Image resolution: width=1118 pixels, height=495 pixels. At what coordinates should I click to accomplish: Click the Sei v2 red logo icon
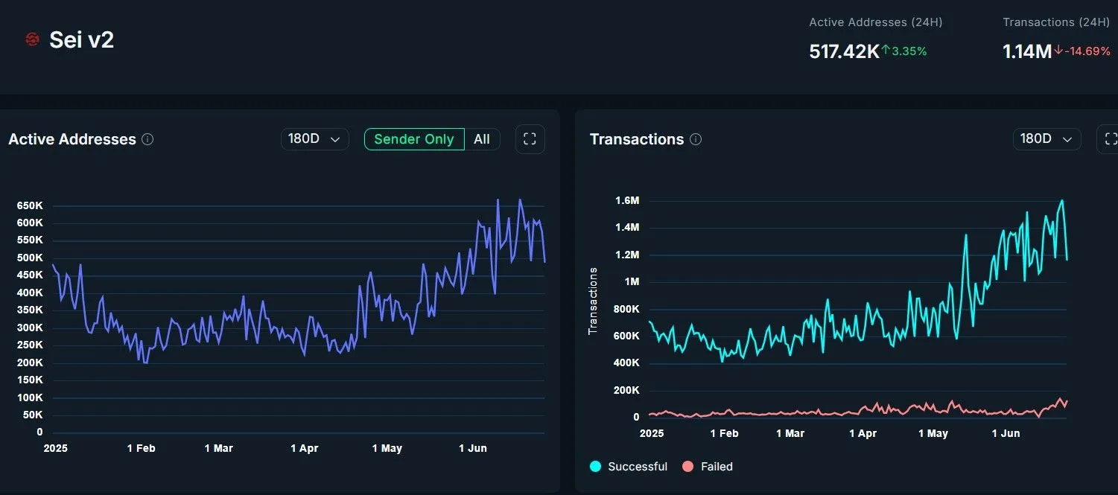click(x=32, y=39)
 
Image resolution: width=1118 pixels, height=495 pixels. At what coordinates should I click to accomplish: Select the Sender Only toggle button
click(x=413, y=139)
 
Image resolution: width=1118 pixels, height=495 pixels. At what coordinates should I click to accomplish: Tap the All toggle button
click(x=482, y=139)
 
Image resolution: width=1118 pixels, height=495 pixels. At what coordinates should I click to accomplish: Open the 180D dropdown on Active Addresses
click(x=314, y=139)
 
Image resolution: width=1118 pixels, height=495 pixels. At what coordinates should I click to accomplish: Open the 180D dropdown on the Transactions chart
click(x=1046, y=139)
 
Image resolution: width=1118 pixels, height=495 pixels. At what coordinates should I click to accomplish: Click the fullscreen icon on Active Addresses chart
click(x=530, y=139)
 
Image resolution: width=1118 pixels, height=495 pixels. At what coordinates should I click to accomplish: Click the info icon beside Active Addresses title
click(x=147, y=139)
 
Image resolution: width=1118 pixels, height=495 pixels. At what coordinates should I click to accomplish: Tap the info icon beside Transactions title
click(x=696, y=139)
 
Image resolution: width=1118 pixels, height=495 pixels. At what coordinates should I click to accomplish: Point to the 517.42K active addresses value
click(x=844, y=51)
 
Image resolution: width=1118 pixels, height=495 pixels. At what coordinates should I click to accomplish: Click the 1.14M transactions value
click(x=1027, y=51)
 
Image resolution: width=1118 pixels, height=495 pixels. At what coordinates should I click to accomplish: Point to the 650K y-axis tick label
click(x=30, y=205)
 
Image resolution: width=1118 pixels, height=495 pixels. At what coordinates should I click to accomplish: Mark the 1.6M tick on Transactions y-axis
click(x=628, y=201)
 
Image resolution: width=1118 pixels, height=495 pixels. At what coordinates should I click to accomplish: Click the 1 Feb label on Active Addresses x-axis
click(x=141, y=448)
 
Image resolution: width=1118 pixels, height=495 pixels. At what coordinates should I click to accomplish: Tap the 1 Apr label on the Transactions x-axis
click(x=863, y=433)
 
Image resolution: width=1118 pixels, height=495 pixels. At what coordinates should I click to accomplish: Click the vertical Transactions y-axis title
click(x=594, y=301)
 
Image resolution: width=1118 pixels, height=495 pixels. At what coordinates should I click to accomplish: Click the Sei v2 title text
click(x=81, y=39)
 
